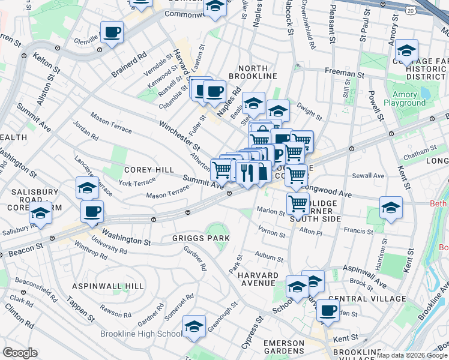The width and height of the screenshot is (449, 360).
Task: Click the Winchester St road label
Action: click(x=179, y=136)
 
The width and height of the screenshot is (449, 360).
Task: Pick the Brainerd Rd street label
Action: click(x=128, y=65)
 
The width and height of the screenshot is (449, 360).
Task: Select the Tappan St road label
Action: click(x=80, y=308)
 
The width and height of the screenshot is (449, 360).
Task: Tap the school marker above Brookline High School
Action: click(x=194, y=326)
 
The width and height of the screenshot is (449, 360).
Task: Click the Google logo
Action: click(x=20, y=353)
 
